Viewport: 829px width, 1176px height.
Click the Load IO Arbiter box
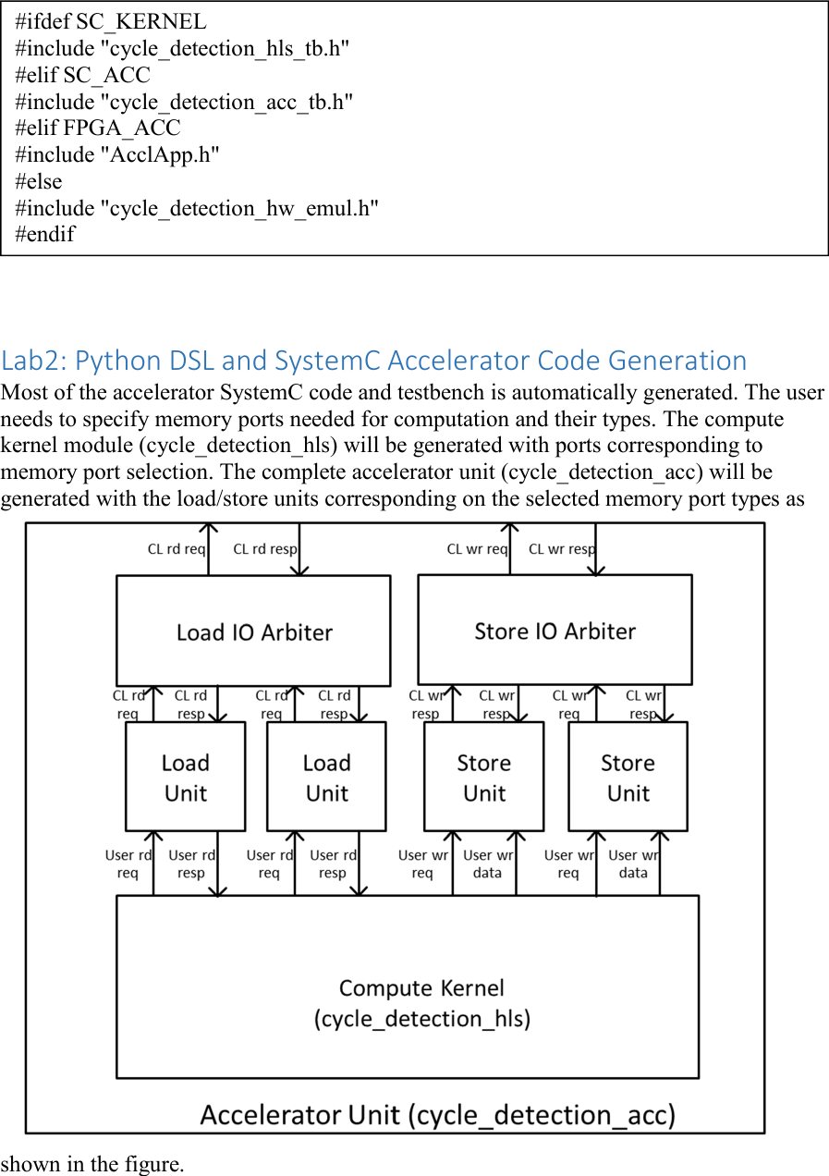tap(253, 632)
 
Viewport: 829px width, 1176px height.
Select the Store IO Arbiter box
tap(555, 631)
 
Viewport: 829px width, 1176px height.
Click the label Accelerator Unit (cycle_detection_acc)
tap(437, 1114)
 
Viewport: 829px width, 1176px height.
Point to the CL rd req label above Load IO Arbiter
tap(176, 549)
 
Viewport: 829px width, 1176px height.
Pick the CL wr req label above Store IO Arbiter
tap(477, 549)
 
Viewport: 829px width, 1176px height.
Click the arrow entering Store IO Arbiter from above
tap(595, 550)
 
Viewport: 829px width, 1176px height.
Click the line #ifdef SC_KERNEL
tap(111, 22)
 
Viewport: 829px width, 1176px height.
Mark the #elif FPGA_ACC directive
tap(98, 128)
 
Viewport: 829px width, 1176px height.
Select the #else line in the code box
tap(39, 181)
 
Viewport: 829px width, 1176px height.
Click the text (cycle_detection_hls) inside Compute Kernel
tap(421, 1019)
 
